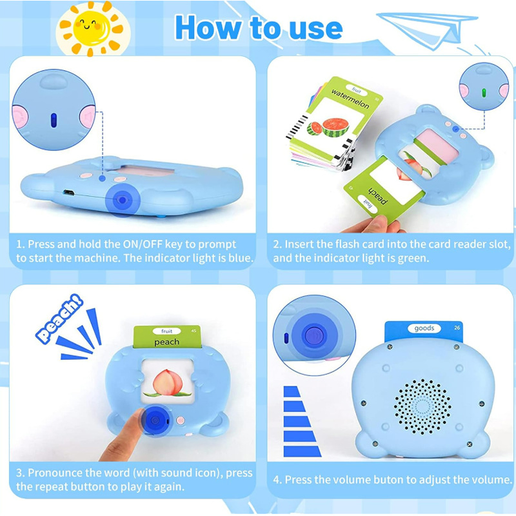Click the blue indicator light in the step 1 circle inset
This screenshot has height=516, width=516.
54,120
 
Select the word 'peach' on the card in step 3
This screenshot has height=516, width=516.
167,341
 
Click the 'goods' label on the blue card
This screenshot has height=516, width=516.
424,328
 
